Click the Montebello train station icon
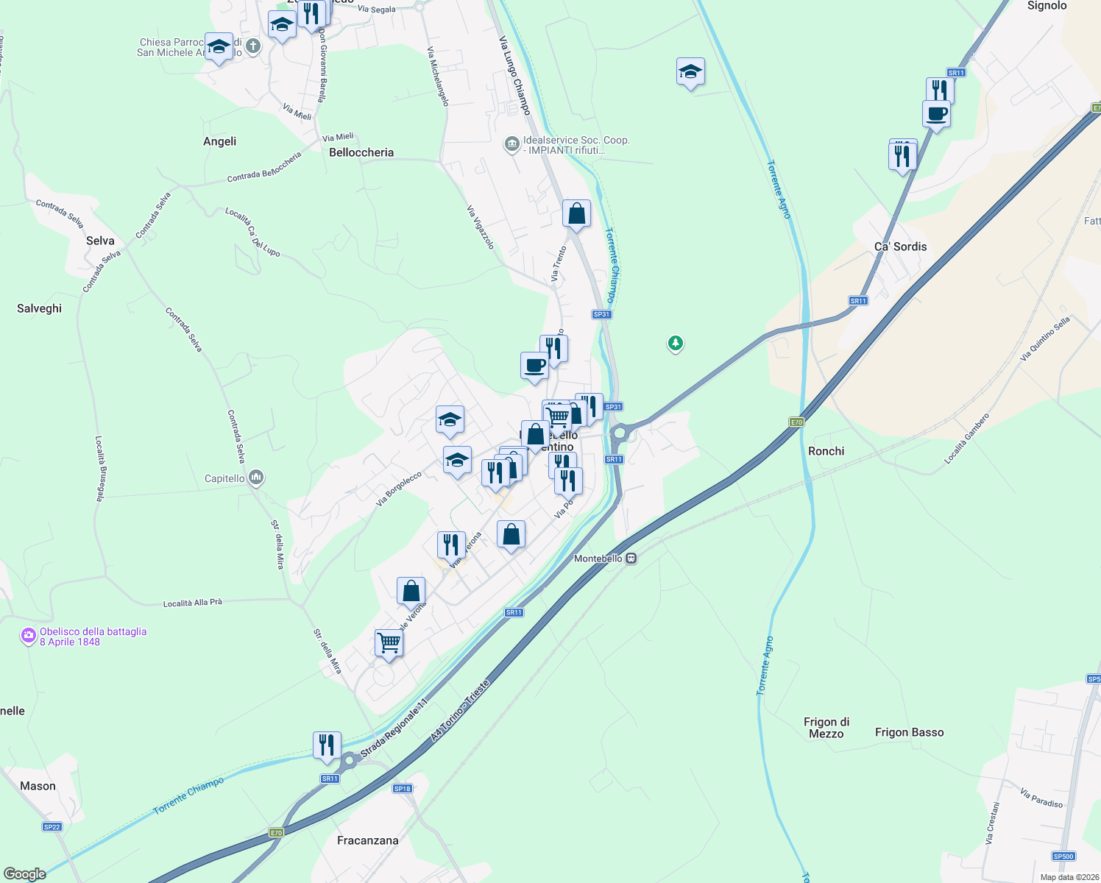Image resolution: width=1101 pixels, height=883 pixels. pos(631,558)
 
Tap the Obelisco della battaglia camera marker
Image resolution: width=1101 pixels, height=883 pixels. pos(28,636)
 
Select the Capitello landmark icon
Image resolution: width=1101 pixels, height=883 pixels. pos(256,478)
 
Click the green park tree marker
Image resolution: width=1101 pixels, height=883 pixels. pos(675,343)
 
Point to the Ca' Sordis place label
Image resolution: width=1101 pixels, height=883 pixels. pos(900,247)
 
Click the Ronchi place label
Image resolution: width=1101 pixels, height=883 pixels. pos(826,451)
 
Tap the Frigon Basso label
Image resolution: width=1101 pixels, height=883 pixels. pos(909,732)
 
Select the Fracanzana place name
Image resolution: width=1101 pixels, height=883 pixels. pos(367,840)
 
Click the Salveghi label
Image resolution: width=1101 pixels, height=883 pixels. pos(39,308)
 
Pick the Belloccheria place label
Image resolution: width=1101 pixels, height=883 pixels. pos(361,152)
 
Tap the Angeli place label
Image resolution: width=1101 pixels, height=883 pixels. pos(219,141)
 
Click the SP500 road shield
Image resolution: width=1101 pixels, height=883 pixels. pos(1063,856)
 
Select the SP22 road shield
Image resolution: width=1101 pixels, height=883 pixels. pos(52,826)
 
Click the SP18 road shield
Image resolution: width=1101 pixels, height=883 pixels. pos(402,788)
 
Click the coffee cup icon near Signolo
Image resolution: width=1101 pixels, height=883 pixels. pos(936,114)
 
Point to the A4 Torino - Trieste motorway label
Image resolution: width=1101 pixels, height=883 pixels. pos(459,711)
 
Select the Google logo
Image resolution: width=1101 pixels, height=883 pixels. pos(24,874)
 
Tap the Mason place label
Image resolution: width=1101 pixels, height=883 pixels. pos(38,786)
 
